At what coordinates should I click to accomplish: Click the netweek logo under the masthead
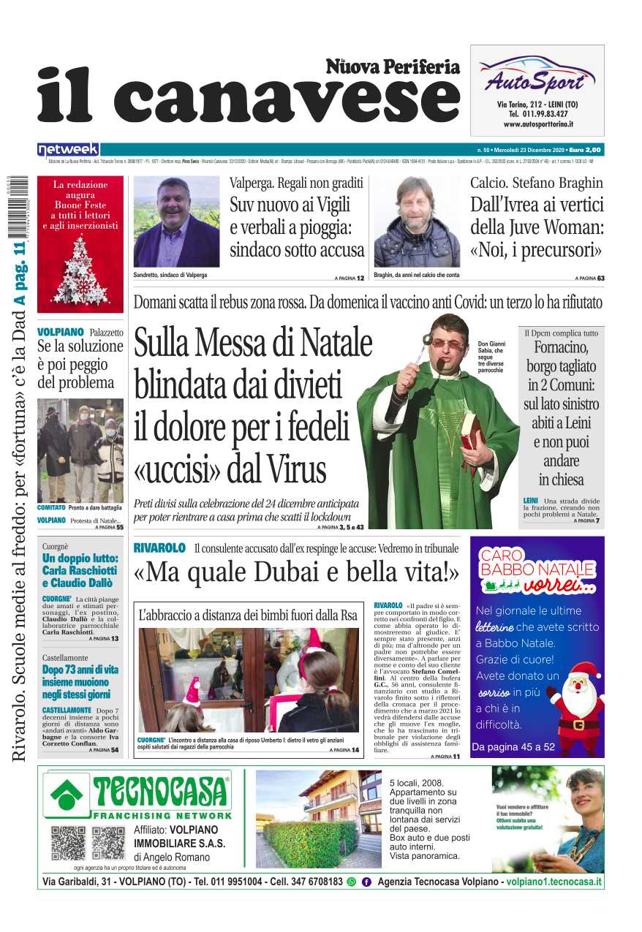pos(68,149)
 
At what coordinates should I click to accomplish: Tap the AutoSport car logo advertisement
pos(536,75)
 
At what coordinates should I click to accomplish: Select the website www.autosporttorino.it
pos(537,124)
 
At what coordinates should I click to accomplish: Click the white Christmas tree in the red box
pos(80,270)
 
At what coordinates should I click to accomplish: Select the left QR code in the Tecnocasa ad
pos(69,843)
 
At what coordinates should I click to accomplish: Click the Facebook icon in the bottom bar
pos(366,882)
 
